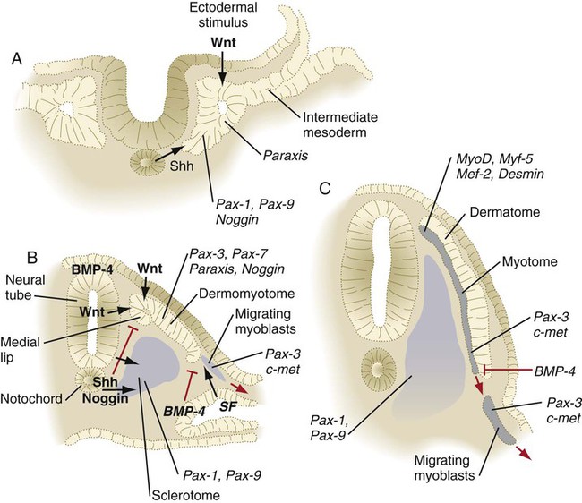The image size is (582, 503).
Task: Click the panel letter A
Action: tap(17, 59)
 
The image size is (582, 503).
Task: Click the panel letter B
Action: tap(32, 257)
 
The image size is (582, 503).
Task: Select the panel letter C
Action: tap(325, 189)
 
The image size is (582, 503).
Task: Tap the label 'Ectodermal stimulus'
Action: tap(223, 15)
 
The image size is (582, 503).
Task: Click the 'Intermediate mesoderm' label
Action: tap(340, 124)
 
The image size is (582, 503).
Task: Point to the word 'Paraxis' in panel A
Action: tap(286, 156)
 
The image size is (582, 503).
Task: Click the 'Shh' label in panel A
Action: tap(182, 166)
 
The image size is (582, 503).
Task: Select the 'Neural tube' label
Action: tap(25, 287)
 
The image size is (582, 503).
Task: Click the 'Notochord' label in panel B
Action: tap(31, 399)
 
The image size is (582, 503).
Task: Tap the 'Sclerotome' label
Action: tap(186, 495)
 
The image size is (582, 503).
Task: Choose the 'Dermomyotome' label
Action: tap(247, 294)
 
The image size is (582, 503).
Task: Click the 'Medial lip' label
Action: tap(20, 349)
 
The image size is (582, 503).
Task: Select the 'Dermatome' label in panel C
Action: tap(505, 212)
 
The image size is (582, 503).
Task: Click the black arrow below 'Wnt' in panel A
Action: tap(222, 67)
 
